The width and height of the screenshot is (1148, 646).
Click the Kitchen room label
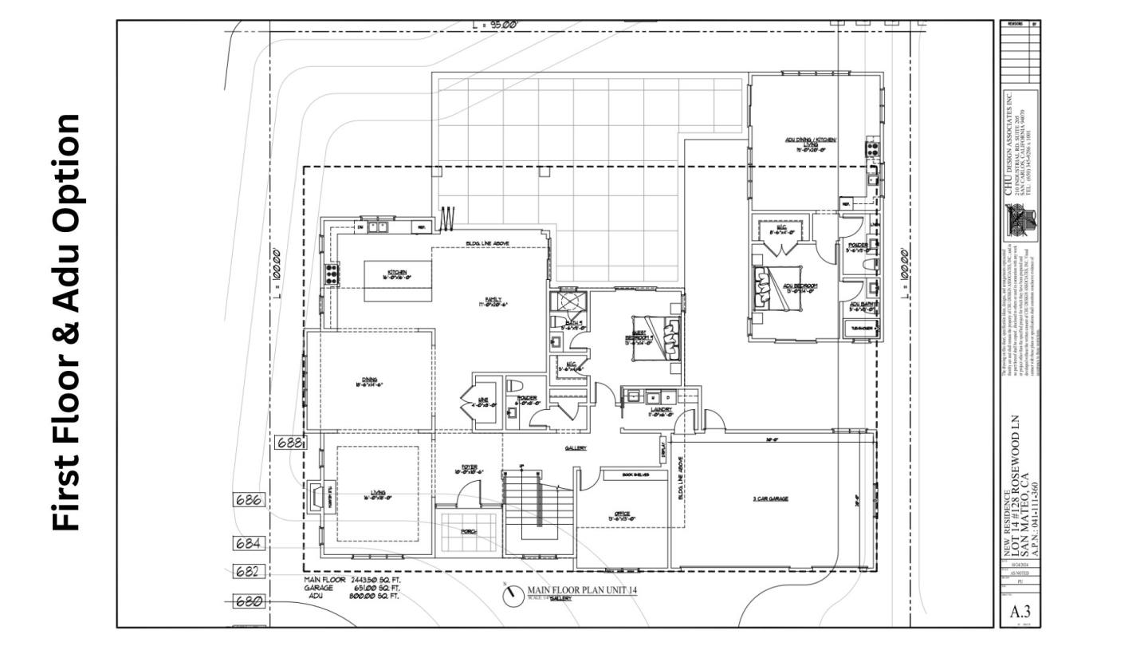(x=398, y=274)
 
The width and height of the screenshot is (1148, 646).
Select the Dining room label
(x=370, y=381)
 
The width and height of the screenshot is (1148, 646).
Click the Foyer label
(x=470, y=469)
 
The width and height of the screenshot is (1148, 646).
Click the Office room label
(x=622, y=515)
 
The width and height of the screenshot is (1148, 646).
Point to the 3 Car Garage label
(x=770, y=498)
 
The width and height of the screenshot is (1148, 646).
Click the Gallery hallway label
(x=576, y=448)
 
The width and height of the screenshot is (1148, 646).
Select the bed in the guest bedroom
(x=663, y=337)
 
